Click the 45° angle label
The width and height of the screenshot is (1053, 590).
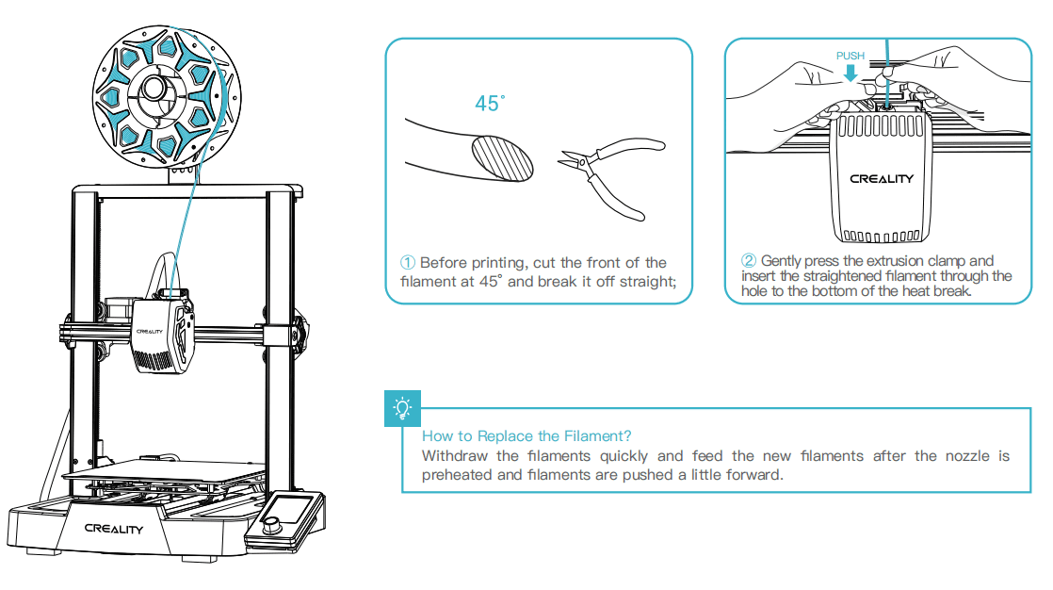coord(490,103)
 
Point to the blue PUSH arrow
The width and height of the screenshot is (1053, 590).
coord(850,73)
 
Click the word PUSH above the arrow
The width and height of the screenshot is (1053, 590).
coord(850,56)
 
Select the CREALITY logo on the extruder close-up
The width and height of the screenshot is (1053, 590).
coord(881,179)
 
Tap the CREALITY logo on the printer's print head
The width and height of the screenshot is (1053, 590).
coord(151,332)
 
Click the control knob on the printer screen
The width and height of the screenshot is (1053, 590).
coord(273,525)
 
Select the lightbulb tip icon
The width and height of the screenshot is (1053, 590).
coord(403,408)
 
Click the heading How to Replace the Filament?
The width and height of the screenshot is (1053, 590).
coord(526,435)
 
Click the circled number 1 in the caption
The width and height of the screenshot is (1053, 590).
coord(408,263)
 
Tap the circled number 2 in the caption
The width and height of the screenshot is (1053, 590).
coord(749,261)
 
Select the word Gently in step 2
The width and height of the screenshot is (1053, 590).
coord(783,261)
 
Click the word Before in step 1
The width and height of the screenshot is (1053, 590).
coord(444,263)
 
